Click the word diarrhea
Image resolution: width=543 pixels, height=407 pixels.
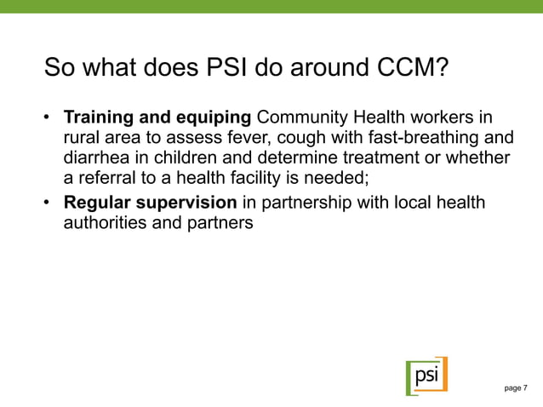tap(97, 158)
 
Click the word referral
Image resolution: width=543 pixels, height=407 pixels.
tap(106, 179)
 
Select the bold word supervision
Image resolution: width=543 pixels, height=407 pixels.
tap(187, 203)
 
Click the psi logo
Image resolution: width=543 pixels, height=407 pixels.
tap(426, 375)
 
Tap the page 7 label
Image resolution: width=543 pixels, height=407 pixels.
tap(516, 388)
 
